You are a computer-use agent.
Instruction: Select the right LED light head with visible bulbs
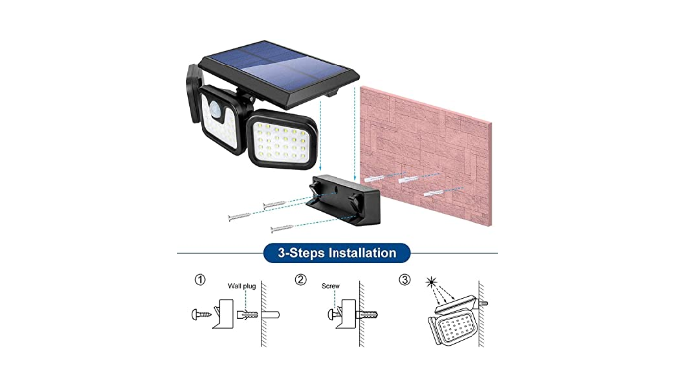click(x=282, y=140)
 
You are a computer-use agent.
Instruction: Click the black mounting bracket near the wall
click(x=343, y=200)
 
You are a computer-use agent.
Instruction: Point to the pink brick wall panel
click(x=426, y=156)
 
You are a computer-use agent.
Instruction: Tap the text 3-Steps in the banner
click(x=299, y=253)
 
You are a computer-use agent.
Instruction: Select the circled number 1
click(x=200, y=280)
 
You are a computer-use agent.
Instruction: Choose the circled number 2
click(x=301, y=280)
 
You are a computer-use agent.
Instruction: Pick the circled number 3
click(x=404, y=280)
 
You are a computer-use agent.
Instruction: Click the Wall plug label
click(x=241, y=286)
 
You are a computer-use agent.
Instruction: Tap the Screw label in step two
click(x=331, y=286)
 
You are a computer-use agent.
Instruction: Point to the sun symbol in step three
click(x=431, y=282)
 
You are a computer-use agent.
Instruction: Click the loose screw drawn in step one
click(x=202, y=314)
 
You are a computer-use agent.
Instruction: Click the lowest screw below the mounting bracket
click(x=282, y=228)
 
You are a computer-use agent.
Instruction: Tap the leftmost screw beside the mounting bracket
click(x=239, y=217)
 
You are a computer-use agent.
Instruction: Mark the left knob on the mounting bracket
click(x=315, y=188)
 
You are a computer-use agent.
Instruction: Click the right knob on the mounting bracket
click(x=355, y=201)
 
